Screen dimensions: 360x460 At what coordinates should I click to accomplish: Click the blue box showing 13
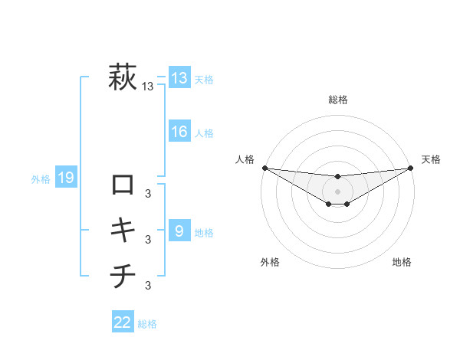click(179, 78)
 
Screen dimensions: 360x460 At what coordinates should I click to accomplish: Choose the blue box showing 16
click(179, 132)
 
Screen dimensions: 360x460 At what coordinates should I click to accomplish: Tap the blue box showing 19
click(66, 178)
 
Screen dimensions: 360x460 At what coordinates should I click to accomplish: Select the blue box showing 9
click(179, 231)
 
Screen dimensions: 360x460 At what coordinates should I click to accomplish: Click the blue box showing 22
click(123, 322)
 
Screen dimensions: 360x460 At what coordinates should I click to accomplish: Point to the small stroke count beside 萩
click(148, 87)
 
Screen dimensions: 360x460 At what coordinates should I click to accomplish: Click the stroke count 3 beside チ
click(148, 286)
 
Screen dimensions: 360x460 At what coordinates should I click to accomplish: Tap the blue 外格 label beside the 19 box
click(41, 179)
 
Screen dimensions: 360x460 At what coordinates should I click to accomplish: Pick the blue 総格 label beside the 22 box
click(147, 324)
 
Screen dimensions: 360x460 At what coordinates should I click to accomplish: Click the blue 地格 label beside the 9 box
click(204, 232)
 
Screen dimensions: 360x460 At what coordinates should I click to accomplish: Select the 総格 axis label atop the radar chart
click(337, 100)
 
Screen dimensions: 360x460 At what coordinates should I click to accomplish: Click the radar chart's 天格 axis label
click(432, 159)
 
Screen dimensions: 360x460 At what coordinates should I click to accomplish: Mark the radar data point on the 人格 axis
click(264, 168)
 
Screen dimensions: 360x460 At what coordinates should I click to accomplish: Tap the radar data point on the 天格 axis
click(410, 168)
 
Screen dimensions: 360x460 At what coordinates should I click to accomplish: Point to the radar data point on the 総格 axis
click(337, 177)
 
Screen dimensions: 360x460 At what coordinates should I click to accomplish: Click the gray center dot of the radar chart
click(337, 191)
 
